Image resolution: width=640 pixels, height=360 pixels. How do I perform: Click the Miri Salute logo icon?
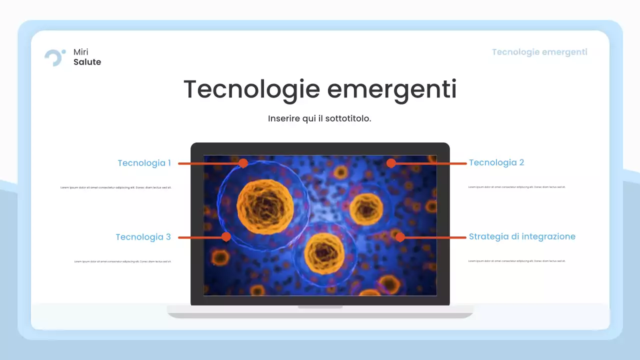[54, 57]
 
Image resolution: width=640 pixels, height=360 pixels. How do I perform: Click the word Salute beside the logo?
[87, 62]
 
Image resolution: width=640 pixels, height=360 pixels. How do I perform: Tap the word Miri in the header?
[81, 52]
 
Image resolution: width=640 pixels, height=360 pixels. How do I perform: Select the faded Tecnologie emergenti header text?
[539, 52]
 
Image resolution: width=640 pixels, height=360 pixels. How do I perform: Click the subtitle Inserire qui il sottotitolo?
[319, 119]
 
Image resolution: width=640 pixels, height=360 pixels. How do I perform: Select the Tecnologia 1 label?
[144, 163]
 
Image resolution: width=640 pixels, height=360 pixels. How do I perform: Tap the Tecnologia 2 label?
[496, 162]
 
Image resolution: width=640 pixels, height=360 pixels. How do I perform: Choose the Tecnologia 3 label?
[143, 237]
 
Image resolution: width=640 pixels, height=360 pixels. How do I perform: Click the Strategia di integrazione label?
[522, 236]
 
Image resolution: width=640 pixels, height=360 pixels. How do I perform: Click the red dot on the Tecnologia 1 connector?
[243, 163]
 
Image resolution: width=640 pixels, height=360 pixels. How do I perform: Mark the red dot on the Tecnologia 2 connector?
[391, 163]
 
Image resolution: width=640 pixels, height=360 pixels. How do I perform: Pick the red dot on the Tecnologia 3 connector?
[226, 237]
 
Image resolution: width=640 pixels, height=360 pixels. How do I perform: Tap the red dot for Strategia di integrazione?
[400, 237]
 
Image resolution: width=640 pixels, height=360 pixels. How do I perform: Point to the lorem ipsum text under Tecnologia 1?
[116, 187]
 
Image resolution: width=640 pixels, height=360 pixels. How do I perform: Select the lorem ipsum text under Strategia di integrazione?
[517, 261]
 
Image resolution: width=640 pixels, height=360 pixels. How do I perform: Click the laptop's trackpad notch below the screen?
[320, 306]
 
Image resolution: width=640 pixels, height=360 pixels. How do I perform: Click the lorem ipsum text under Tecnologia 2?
[517, 187]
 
